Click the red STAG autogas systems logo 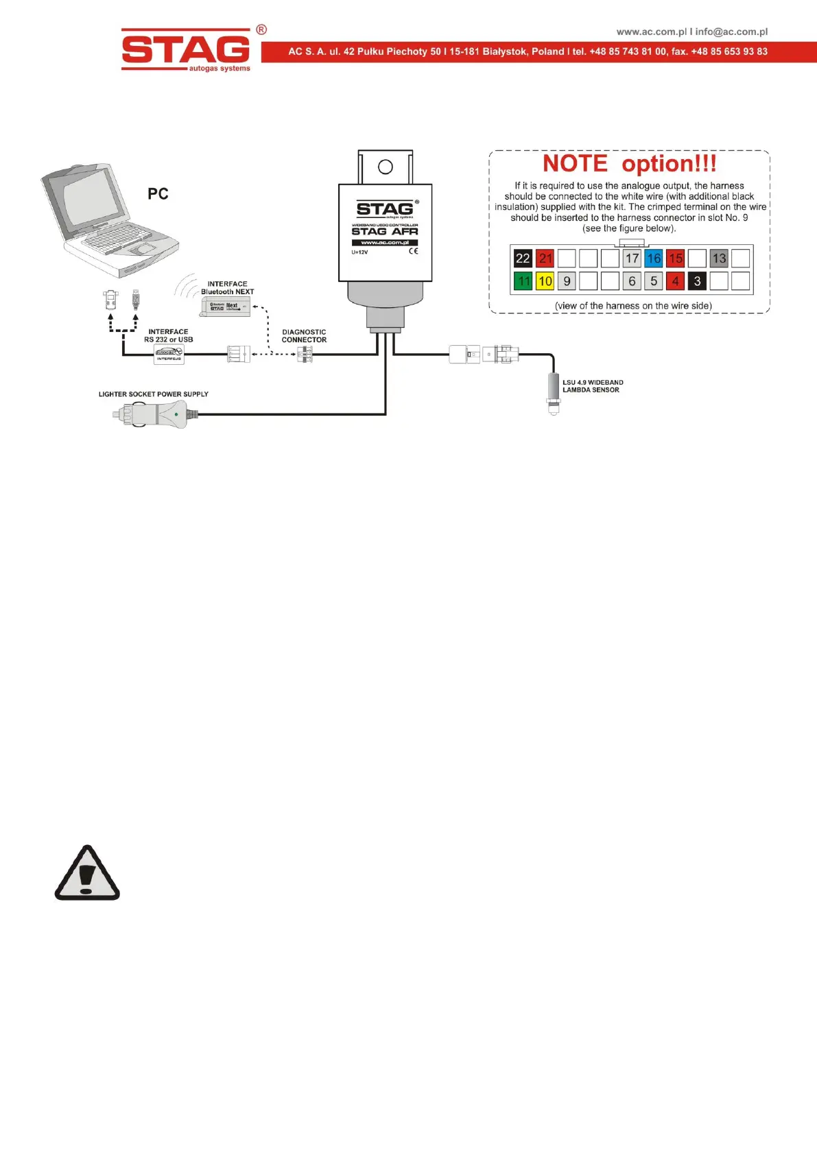pos(187,49)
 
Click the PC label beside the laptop pos(158,194)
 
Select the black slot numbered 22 pos(523,259)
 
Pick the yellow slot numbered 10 pos(545,281)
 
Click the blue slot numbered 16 pos(654,259)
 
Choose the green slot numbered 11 pos(523,281)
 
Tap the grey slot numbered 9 pos(567,281)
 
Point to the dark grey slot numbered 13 pos(719,259)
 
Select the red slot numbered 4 pos(676,281)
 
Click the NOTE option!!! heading pos(629,164)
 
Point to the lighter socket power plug pos(154,414)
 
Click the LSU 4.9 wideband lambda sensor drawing pos(554,393)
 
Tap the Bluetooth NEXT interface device pos(225,307)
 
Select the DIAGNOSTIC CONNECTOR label pos(304,336)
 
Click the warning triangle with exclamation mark pos(87,874)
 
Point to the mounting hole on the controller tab pos(386,167)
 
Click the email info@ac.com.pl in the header pos(731,32)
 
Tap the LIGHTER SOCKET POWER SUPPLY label pos(153,394)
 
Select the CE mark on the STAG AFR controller pos(414,251)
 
